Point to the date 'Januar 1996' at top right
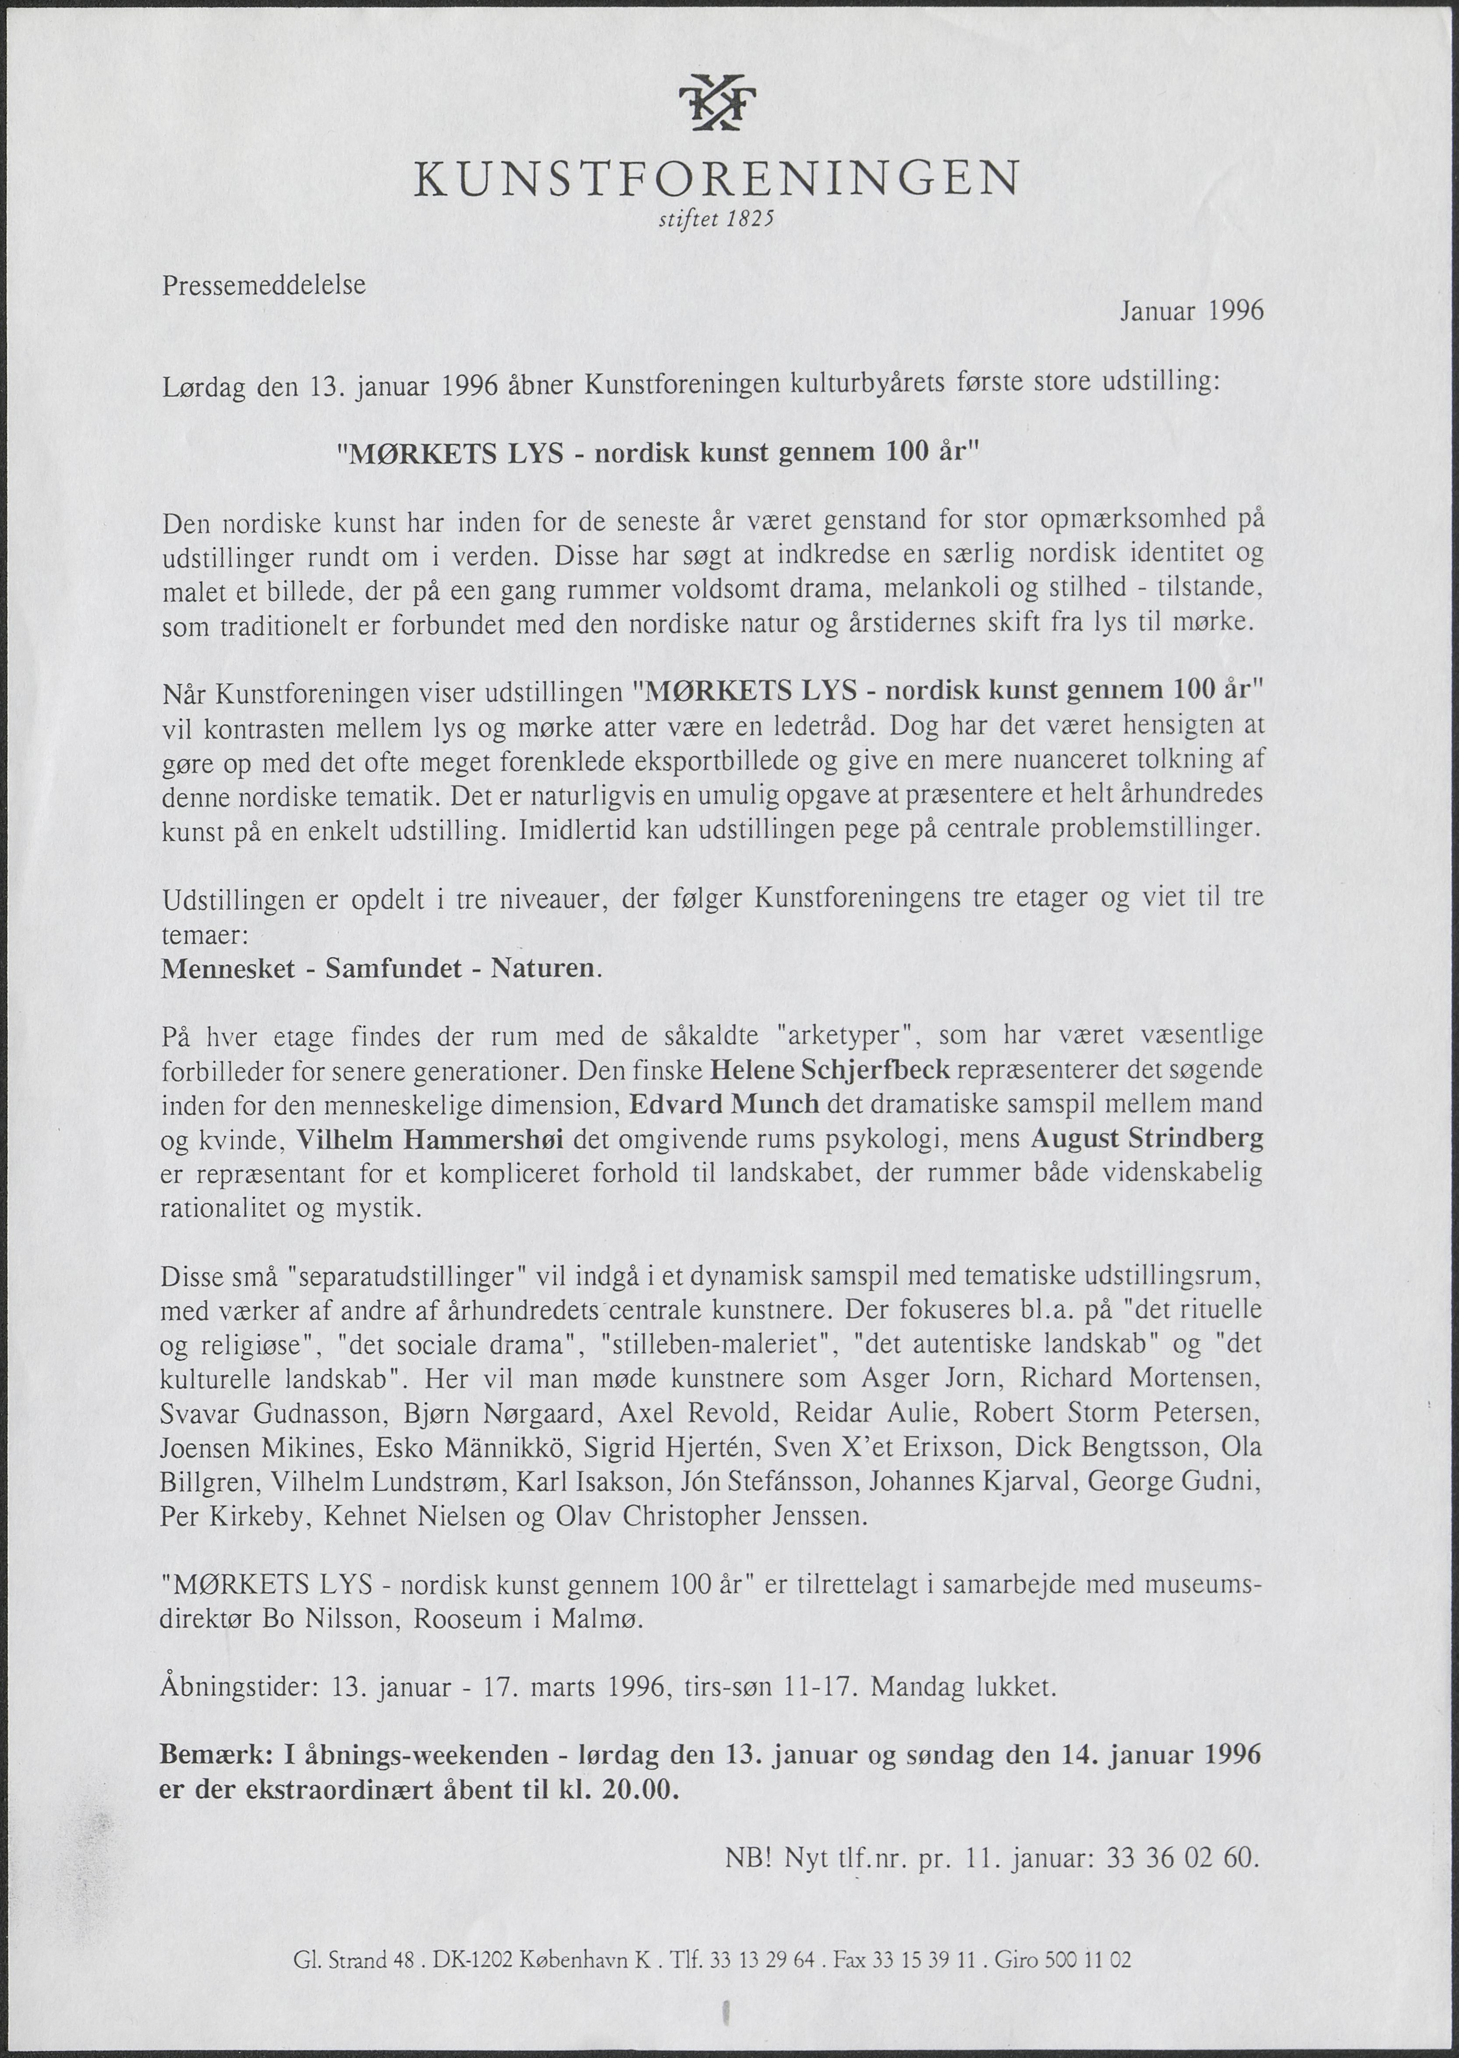pyautogui.click(x=1191, y=311)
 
